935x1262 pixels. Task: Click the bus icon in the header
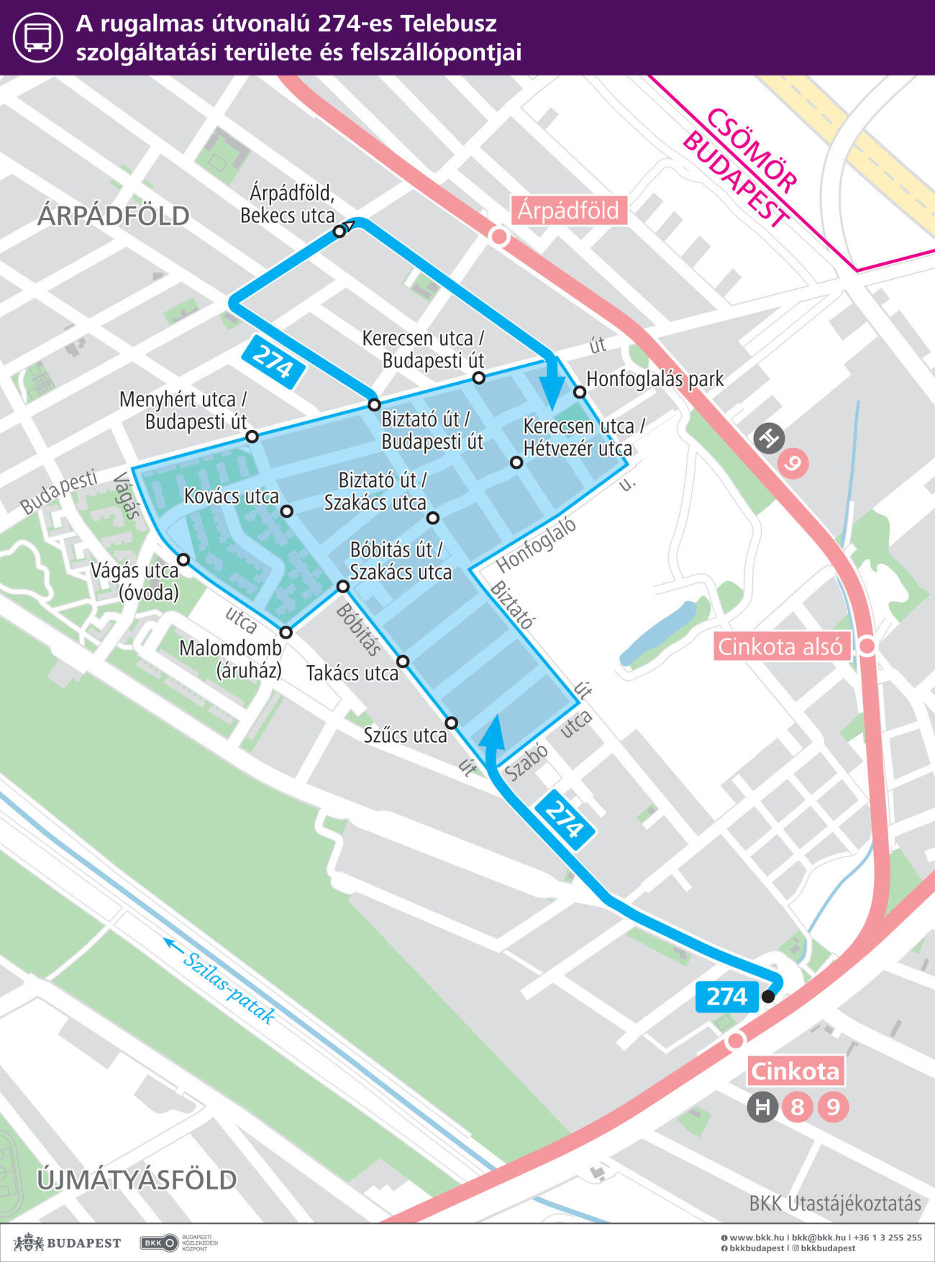tap(37, 37)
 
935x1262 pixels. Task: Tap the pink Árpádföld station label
tap(568, 211)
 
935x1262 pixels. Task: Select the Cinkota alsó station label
tap(780, 646)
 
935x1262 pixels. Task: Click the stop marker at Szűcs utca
tap(451, 723)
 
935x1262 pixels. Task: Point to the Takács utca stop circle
tap(403, 662)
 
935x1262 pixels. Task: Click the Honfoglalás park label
tap(654, 379)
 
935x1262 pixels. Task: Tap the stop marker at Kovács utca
tap(286, 511)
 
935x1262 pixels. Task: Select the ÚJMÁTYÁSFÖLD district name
tap(137, 1180)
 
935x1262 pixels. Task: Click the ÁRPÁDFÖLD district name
tap(114, 216)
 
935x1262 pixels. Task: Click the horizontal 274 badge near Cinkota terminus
tap(726, 997)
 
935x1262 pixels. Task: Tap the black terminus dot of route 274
tap(768, 997)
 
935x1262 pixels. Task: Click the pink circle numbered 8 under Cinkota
tap(797, 1107)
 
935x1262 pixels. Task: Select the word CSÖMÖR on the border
tap(752, 151)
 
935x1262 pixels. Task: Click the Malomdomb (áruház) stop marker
tap(286, 633)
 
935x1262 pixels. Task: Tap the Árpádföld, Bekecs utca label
tap(288, 204)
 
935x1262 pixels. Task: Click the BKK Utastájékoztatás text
tap(834, 1204)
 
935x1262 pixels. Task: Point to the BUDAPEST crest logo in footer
tap(29, 1242)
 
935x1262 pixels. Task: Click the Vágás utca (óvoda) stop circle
tap(183, 559)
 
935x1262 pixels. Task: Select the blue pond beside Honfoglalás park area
tap(658, 633)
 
